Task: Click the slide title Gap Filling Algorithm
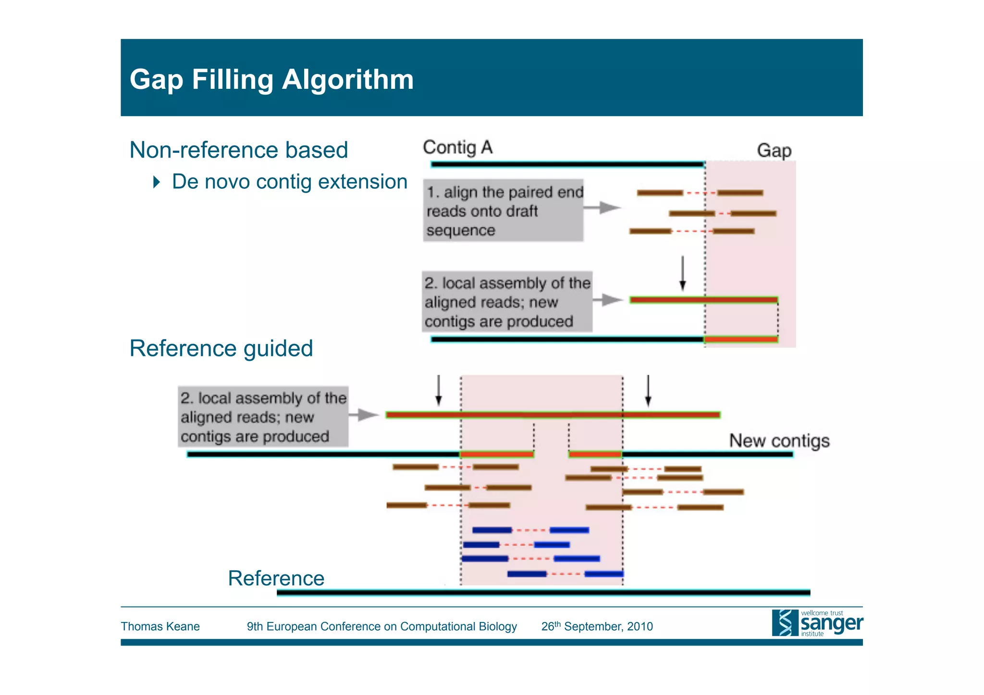[x=271, y=79]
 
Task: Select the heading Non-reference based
[x=238, y=150]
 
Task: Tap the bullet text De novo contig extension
[x=289, y=182]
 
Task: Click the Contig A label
[x=457, y=147]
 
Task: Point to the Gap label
[x=774, y=150]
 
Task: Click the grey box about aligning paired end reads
[x=503, y=210]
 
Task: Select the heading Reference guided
[x=221, y=348]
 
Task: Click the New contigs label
[x=779, y=440]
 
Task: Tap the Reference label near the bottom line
[x=276, y=578]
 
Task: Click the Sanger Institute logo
[x=817, y=623]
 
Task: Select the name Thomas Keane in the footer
[x=160, y=626]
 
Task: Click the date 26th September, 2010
[x=597, y=626]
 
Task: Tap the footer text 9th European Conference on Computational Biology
[x=381, y=626]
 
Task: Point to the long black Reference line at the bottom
[x=543, y=593]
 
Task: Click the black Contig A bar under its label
[x=567, y=164]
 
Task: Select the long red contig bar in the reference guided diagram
[x=553, y=415]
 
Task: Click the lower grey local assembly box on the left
[x=263, y=416]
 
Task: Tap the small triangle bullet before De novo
[x=156, y=182]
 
